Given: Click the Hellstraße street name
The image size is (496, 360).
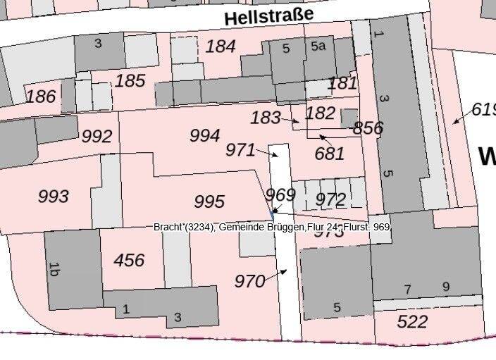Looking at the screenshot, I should (x=268, y=15).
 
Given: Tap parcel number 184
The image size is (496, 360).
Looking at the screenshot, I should (x=220, y=47).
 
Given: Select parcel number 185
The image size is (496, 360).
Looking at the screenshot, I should (x=130, y=80).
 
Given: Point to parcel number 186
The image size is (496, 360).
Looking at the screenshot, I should (x=40, y=96).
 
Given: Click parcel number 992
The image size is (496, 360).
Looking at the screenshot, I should (x=97, y=136).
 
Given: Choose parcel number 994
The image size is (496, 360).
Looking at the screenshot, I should (x=205, y=135).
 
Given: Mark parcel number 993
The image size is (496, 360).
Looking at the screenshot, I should (x=54, y=196).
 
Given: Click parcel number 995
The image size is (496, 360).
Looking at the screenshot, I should (x=209, y=202).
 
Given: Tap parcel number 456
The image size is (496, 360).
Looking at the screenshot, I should (x=129, y=261).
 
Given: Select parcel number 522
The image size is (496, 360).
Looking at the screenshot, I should (x=412, y=322).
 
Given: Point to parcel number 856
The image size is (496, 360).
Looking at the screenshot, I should (x=368, y=128).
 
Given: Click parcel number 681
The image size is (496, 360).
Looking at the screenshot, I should (x=329, y=153).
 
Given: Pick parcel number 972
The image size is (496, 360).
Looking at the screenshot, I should (x=330, y=199).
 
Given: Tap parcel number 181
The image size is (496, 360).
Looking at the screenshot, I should (x=343, y=82).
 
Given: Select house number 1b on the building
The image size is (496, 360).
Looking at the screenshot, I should (x=54, y=268).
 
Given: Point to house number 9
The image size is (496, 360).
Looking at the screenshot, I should (x=445, y=287).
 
